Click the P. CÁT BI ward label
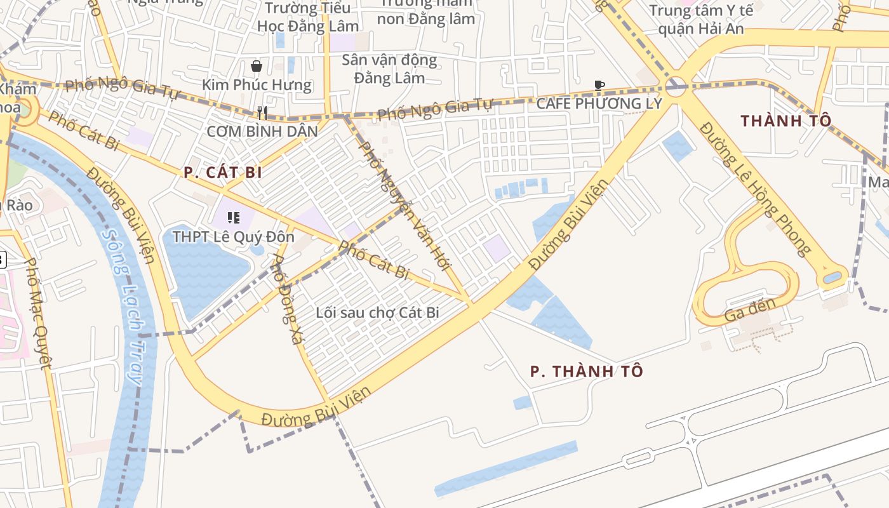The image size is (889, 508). tap(223, 172)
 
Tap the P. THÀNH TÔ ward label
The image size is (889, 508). tap(587, 371)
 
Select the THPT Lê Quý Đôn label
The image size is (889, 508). tap(234, 237)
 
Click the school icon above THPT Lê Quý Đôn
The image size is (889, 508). tap(234, 218)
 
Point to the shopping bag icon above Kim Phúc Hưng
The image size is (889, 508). tap(257, 66)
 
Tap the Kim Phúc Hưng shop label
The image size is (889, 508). tap(257, 85)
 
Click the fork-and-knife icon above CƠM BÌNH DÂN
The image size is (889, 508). tap(262, 113)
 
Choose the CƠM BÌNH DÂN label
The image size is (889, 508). tap(262, 132)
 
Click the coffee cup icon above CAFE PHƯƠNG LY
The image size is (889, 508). tap(599, 85)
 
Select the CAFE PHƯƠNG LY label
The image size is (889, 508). tap(599, 104)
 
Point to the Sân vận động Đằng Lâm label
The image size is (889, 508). tap(389, 69)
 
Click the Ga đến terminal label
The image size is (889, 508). tap(750, 309)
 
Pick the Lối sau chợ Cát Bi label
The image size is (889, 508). tap(378, 312)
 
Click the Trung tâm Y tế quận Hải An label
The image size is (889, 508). tap(701, 19)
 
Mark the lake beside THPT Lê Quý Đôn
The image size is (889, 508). tap(204, 273)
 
